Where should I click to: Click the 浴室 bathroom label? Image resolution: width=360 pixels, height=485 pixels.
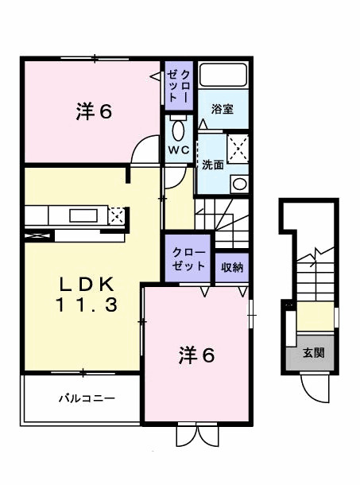click(222, 109)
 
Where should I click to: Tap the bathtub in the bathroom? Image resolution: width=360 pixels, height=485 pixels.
click(223, 76)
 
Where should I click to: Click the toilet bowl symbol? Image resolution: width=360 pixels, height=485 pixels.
click(177, 130)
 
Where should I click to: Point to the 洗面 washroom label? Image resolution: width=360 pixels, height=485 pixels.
click(212, 166)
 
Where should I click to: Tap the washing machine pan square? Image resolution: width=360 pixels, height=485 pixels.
click(238, 148)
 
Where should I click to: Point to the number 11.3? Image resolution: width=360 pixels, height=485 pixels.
click(87, 304)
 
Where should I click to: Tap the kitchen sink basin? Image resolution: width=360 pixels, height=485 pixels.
click(82, 215)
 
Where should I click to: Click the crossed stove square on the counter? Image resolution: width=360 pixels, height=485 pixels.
click(117, 215)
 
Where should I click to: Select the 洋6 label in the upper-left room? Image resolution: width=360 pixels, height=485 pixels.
click(94, 112)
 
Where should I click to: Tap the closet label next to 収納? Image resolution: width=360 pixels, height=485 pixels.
click(189, 259)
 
